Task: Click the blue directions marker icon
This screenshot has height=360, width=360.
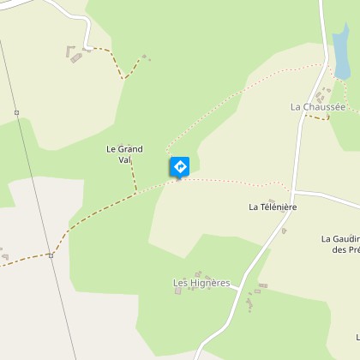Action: (180, 165)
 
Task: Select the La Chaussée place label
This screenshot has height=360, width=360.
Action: (317, 107)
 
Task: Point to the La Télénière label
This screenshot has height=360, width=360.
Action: (273, 207)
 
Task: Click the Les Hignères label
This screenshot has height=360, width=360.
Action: (201, 282)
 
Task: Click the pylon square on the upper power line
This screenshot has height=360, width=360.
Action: (16, 112)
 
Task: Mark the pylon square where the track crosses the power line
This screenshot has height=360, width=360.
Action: (51, 255)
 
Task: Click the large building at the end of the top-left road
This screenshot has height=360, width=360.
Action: (75, 57)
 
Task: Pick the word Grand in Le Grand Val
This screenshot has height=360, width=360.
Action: (130, 148)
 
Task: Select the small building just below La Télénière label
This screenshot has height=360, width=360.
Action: (284, 230)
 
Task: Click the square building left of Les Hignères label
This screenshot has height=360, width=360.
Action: (178, 291)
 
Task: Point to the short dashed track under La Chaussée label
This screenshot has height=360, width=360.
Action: (318, 117)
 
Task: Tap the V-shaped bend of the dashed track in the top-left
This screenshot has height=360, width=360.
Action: (124, 78)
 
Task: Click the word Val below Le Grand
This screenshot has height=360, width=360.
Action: (124, 159)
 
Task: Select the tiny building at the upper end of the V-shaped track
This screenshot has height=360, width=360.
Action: (144, 57)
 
